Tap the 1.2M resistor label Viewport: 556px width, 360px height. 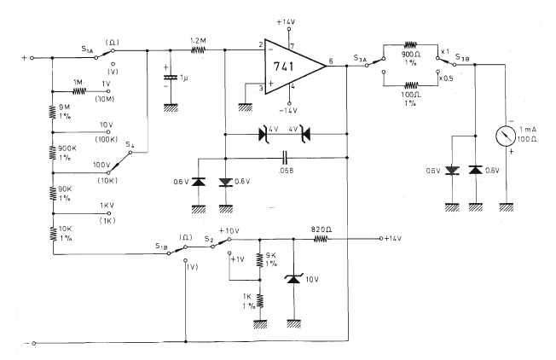tap(198, 39)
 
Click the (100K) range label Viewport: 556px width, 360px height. tap(105, 138)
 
